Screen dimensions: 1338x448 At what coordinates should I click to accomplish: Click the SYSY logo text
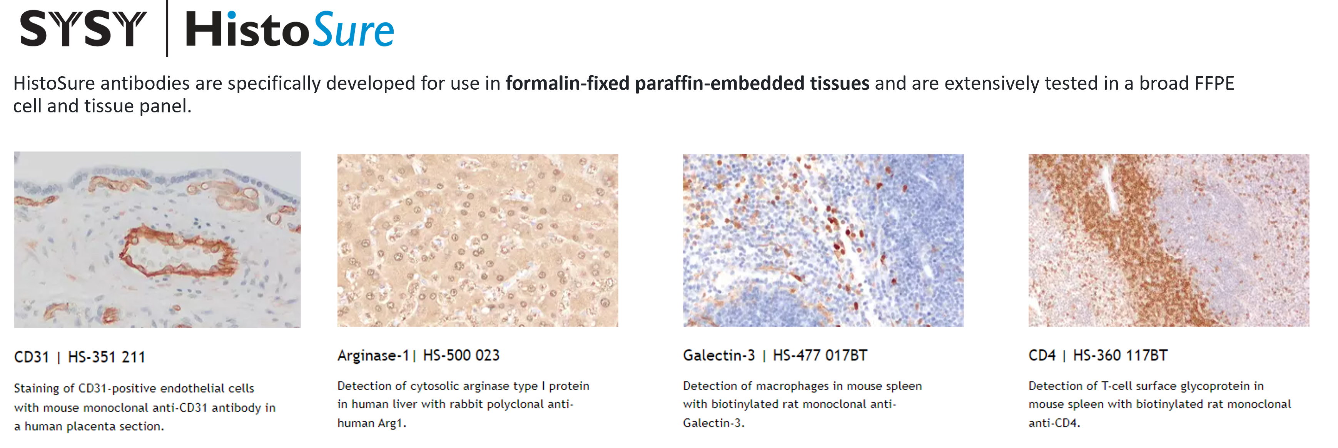pos(83,30)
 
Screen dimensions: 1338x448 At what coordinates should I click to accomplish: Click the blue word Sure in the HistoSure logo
pos(353,30)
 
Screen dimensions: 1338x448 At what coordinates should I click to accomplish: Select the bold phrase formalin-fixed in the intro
pos(568,83)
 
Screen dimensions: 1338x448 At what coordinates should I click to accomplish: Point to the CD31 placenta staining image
pos(157,240)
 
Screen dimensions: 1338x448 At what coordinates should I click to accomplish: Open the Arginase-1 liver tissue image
pos(478,240)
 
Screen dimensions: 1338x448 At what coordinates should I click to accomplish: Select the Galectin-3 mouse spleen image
pos(823,240)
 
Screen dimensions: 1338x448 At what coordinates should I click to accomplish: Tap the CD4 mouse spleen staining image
pos(1169,240)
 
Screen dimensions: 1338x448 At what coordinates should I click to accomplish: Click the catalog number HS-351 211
pos(107,357)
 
